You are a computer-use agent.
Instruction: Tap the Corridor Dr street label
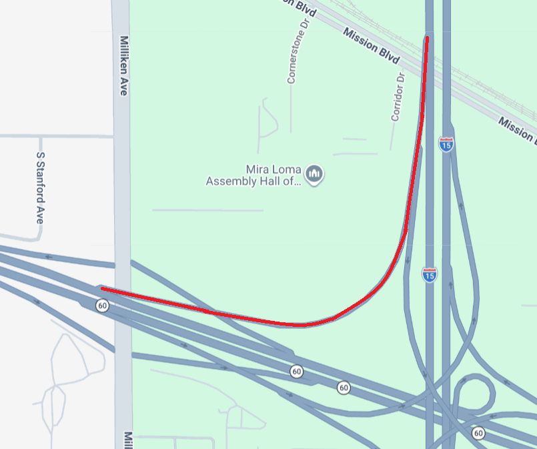(x=398, y=97)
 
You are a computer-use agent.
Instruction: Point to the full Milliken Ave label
(x=123, y=65)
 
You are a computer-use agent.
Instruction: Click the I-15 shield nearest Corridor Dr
(x=446, y=143)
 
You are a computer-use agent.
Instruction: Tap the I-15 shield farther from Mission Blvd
(x=430, y=274)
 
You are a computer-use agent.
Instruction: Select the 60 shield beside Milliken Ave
(x=102, y=306)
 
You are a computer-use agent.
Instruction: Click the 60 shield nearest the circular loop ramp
(x=478, y=433)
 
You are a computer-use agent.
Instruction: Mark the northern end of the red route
(x=427, y=39)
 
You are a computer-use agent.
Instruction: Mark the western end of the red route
(x=102, y=289)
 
